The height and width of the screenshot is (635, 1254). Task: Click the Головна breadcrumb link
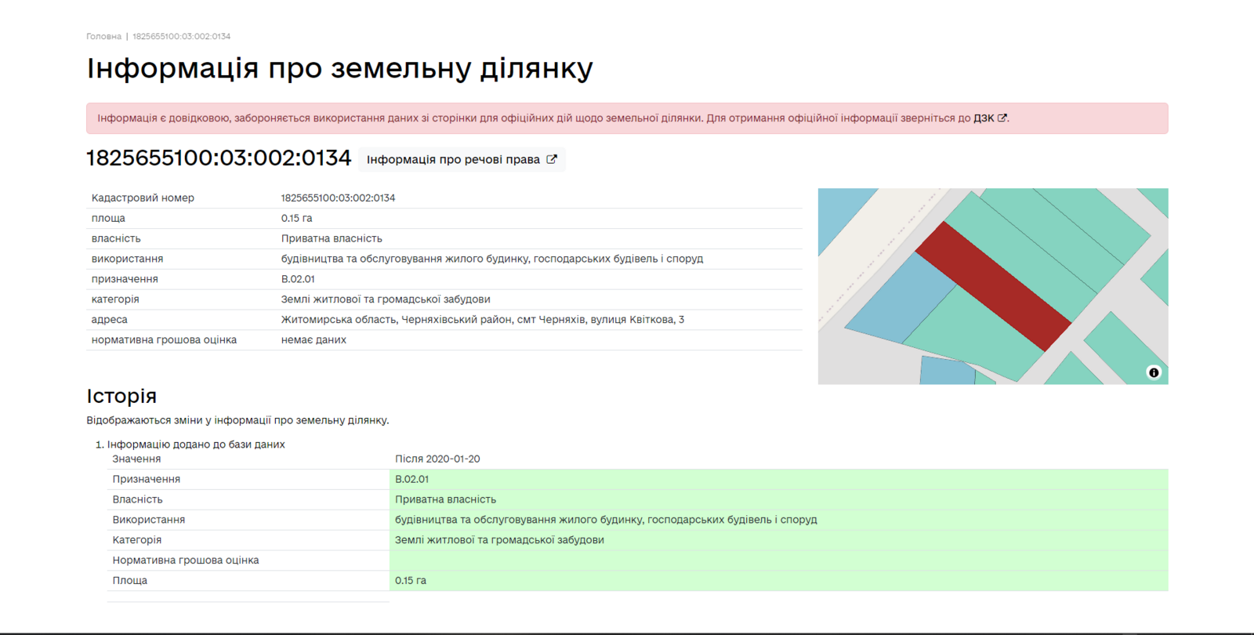pos(103,36)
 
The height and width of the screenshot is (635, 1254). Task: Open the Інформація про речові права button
pos(462,160)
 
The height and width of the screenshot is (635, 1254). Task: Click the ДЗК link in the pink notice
pos(990,118)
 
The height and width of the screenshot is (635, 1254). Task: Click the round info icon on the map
pos(1154,372)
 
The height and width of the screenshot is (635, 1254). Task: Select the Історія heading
pos(121,396)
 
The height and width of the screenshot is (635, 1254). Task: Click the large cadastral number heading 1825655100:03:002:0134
pos(219,158)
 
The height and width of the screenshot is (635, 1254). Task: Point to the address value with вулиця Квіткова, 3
pos(483,320)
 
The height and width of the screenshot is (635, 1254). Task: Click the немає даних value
pos(313,340)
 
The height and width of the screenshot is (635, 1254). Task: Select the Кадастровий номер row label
pos(143,198)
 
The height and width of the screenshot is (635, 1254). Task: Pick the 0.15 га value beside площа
pos(297,219)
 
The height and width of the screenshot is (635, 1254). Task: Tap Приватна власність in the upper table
pos(332,238)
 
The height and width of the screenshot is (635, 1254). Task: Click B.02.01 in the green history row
pos(411,479)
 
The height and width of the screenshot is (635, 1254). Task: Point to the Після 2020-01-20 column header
pos(437,459)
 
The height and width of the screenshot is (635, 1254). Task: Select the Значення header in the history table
pos(136,459)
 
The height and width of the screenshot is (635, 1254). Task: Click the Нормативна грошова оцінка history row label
pos(185,561)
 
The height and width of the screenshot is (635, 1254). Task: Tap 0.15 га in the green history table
pos(411,581)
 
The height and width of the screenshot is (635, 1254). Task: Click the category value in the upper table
pos(386,299)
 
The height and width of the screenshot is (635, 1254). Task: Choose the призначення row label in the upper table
pos(125,279)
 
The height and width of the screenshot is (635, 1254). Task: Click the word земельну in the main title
pos(400,70)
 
